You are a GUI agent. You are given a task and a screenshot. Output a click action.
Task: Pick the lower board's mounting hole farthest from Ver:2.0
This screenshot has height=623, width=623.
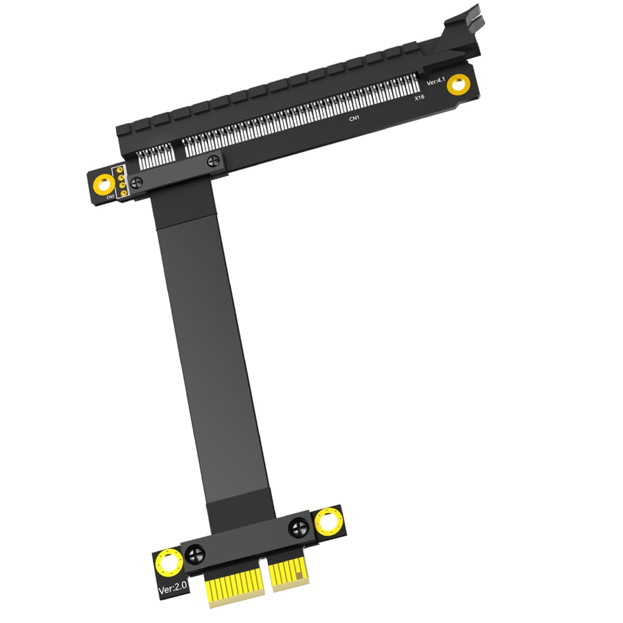point(329,521)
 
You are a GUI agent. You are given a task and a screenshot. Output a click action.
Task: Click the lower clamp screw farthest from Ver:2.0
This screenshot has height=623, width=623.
point(299,527)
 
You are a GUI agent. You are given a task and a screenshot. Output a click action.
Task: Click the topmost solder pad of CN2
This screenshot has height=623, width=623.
point(121,168)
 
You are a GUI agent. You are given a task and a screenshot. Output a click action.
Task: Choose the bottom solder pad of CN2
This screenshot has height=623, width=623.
point(124,193)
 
